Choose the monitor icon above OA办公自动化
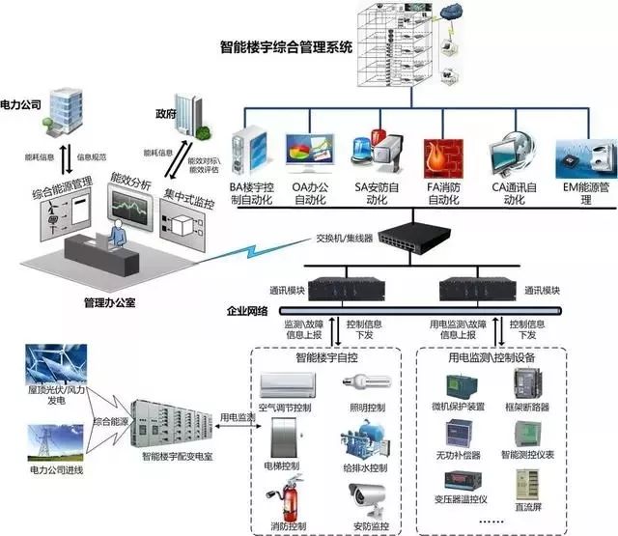309,154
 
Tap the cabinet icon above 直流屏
527,490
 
